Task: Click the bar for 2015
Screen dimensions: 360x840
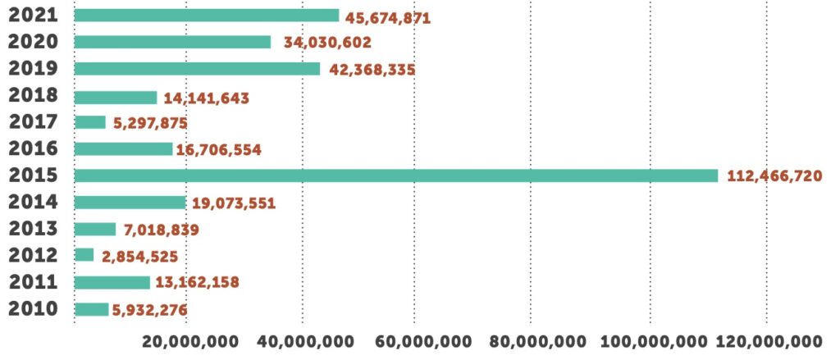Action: (x=395, y=175)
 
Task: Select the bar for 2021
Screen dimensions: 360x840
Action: (x=206, y=16)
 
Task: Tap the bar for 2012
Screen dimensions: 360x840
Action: (x=84, y=255)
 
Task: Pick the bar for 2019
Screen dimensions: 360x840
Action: (x=197, y=69)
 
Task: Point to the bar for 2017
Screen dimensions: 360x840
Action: (x=89, y=122)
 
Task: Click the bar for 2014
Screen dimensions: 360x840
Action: (x=130, y=202)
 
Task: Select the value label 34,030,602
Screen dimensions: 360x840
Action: (x=327, y=43)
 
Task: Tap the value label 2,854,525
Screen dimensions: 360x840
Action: (x=139, y=257)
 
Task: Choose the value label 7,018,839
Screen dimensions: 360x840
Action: (x=162, y=230)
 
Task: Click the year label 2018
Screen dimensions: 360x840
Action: (x=33, y=95)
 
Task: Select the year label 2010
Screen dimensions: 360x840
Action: (x=33, y=308)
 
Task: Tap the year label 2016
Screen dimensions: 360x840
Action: (x=33, y=148)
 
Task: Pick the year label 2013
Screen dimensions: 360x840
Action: (x=33, y=228)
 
